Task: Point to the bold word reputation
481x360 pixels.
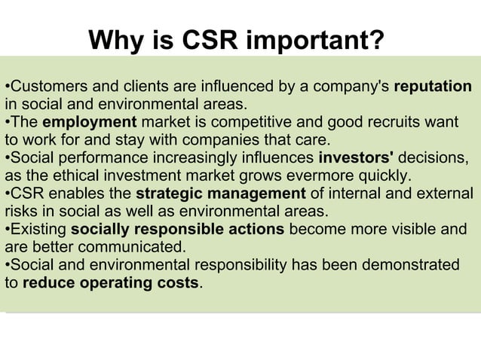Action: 433,85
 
